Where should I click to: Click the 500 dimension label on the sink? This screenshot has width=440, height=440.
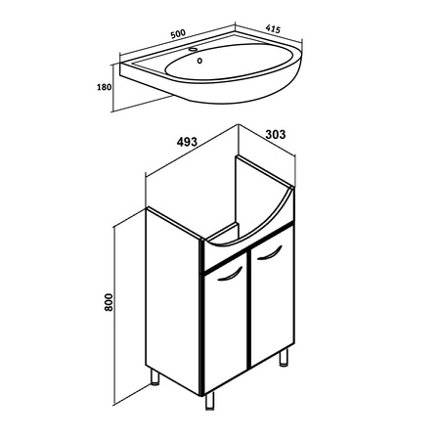click(x=178, y=33)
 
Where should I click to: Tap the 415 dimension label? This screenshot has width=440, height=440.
click(x=273, y=28)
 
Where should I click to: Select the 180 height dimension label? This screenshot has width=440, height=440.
click(x=104, y=87)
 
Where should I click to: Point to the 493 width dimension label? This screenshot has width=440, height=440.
click(x=187, y=142)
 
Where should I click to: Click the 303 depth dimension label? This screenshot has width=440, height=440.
click(x=276, y=134)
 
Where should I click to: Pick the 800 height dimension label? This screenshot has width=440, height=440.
click(x=109, y=302)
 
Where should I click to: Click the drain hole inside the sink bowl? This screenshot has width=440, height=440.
click(x=199, y=61)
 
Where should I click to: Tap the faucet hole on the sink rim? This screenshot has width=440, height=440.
click(x=194, y=50)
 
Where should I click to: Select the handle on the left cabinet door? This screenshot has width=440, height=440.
click(x=230, y=275)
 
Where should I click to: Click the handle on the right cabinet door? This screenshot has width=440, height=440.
click(x=269, y=253)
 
